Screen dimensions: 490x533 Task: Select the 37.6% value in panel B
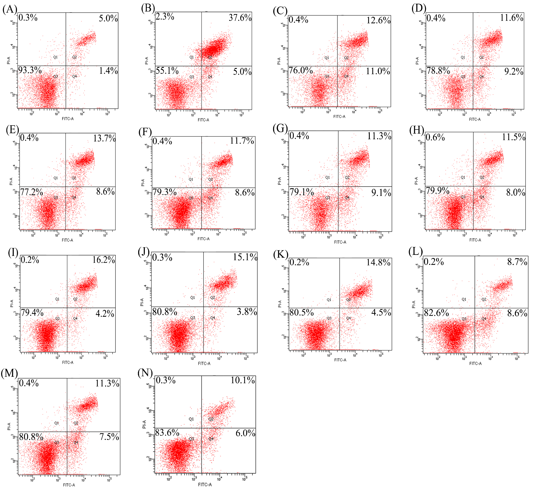[x=240, y=18]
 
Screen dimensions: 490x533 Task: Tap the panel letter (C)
[x=280, y=11]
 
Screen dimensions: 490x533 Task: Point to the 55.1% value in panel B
[x=167, y=71]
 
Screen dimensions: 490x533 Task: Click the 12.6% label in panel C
[x=378, y=20]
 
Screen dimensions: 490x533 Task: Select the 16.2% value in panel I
[x=103, y=260]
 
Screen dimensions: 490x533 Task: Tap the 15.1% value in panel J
[x=245, y=257]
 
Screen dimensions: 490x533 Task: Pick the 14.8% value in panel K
[x=378, y=263]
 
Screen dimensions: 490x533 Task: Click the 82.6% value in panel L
[x=436, y=313]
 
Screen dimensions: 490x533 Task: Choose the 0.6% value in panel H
[x=435, y=137]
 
